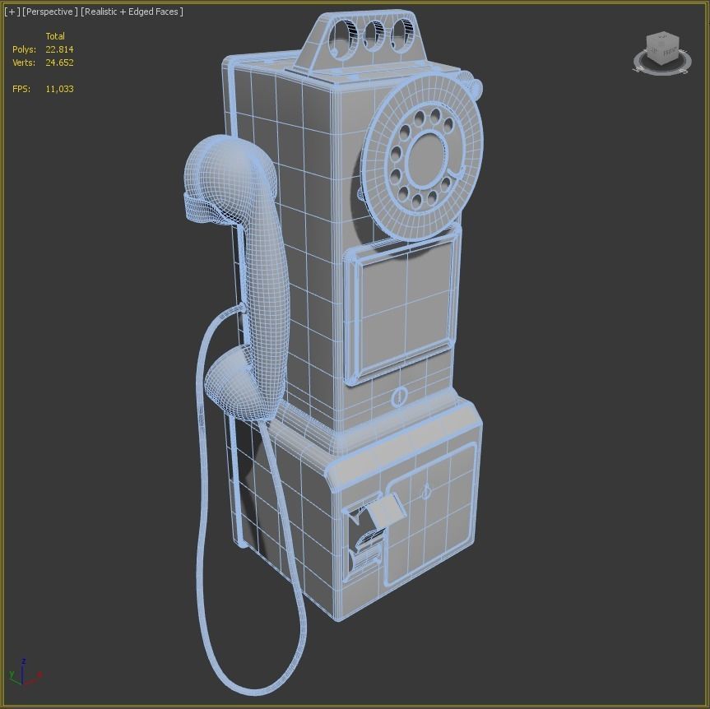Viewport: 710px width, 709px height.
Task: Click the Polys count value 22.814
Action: coord(59,49)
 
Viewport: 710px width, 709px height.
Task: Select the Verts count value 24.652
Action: coord(59,63)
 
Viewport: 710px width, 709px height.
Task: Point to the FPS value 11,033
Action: coord(59,89)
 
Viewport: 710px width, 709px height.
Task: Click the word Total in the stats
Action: coord(55,36)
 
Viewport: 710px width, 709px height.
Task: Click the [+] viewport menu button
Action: coord(12,12)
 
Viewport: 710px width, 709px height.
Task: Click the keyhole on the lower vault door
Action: coord(426,492)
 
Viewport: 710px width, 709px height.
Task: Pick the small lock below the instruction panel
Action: coord(400,397)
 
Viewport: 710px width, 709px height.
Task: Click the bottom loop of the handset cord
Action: coord(247,683)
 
